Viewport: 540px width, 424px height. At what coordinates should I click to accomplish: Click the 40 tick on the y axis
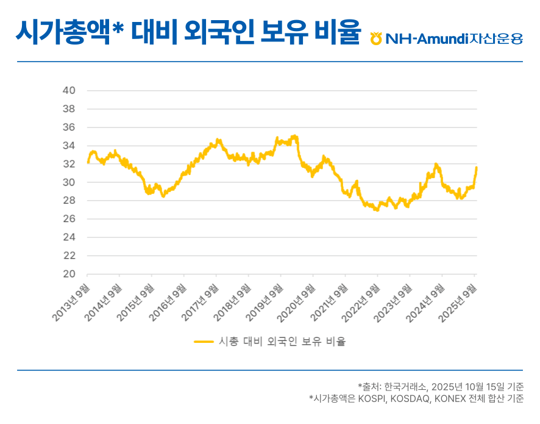click(69, 91)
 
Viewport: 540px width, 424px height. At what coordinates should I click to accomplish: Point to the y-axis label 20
click(69, 274)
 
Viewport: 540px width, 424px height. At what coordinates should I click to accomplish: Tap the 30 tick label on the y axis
click(69, 182)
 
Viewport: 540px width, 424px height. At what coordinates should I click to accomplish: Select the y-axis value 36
click(69, 128)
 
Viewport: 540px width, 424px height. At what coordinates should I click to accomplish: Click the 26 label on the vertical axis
click(69, 219)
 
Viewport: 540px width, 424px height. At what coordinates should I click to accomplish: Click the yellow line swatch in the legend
click(204, 342)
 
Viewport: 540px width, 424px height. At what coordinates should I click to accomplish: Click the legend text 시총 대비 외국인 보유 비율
click(282, 342)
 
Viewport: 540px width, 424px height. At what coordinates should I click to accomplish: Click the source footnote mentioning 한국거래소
click(441, 386)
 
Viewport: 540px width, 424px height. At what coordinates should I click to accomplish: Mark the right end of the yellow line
click(476, 167)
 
